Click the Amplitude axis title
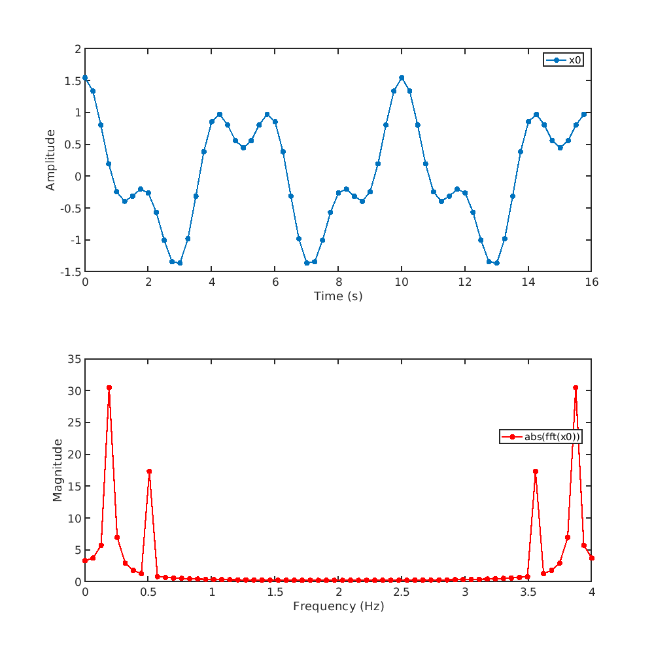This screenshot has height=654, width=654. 50,160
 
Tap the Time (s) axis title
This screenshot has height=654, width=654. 338,296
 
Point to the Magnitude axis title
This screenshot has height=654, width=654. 58,470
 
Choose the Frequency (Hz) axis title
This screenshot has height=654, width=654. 338,606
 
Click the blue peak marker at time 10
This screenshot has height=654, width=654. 402,78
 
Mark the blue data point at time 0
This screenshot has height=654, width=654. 85,78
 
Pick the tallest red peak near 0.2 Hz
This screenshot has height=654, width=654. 109,388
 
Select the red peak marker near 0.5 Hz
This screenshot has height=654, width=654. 149,472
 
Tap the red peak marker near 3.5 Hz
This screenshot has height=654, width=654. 536,472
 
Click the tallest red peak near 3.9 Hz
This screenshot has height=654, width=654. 576,388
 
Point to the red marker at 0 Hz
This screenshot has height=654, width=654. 85,560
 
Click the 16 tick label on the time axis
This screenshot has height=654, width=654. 591,282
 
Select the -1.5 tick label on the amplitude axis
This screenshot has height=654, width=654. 71,272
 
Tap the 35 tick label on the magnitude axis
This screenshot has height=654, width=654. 73,359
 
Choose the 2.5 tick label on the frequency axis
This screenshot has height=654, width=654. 402,592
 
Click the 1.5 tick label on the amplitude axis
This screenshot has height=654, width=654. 73,80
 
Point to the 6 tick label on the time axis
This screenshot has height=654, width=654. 275,282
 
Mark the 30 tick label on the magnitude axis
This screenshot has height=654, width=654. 73,391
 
